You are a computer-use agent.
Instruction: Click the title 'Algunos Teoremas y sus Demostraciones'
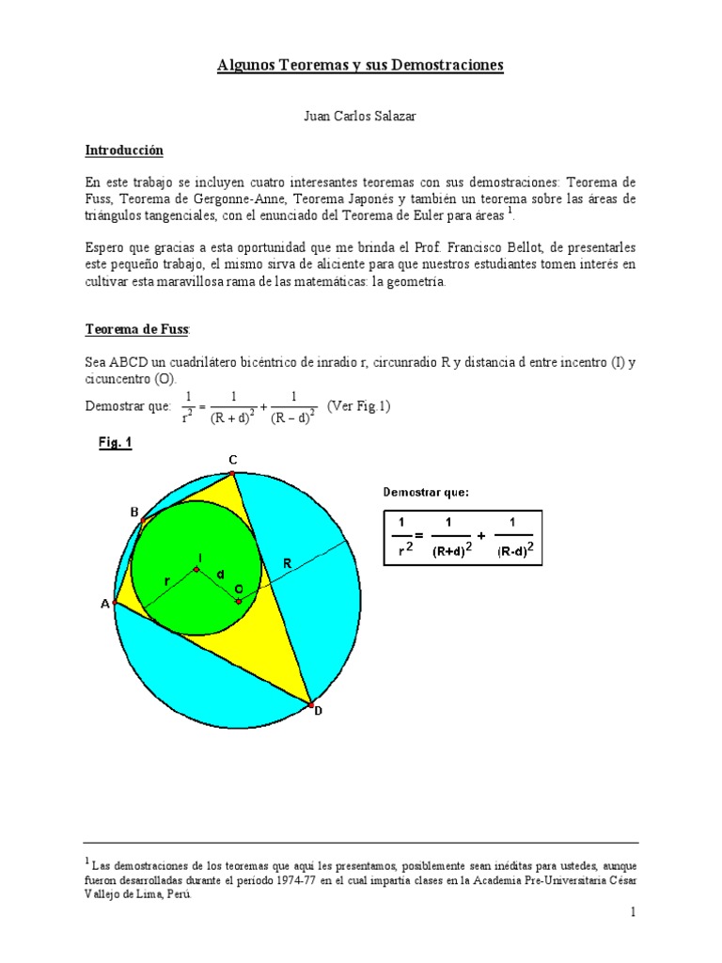click(361, 65)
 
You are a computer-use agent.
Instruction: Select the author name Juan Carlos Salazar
click(360, 118)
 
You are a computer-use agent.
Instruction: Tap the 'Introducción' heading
click(124, 150)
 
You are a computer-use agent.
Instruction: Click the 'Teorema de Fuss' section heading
click(137, 329)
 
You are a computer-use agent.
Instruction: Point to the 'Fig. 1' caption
click(116, 443)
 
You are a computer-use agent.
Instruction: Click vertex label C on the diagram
click(233, 459)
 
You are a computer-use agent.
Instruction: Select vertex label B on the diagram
click(134, 513)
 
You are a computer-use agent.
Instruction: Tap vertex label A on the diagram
click(105, 606)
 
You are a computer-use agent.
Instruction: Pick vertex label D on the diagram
click(318, 711)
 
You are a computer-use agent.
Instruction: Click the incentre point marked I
click(196, 568)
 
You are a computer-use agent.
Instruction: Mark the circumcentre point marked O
click(238, 599)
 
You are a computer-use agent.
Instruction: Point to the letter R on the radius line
click(288, 562)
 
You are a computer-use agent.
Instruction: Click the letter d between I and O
click(220, 574)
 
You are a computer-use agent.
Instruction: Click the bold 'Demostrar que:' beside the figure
click(425, 492)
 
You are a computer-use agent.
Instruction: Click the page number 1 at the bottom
click(634, 912)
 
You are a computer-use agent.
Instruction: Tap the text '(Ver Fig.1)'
click(358, 405)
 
